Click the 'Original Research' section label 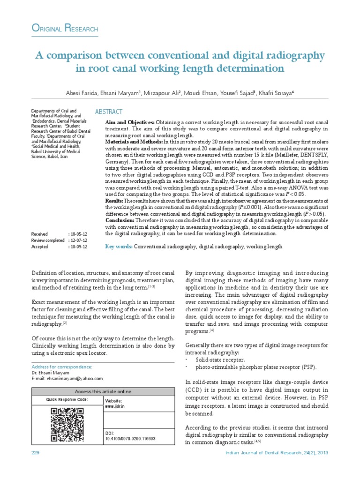point(65,29)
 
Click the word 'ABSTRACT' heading point(109,112)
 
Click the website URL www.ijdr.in point(115,407)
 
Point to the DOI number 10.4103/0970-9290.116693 point(131,439)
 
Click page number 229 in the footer point(36,452)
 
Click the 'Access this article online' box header point(104,391)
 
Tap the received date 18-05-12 point(78,233)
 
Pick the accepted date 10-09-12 point(78,247)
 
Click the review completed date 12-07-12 point(78,240)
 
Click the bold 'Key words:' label point(119,246)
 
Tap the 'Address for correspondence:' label point(61,367)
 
